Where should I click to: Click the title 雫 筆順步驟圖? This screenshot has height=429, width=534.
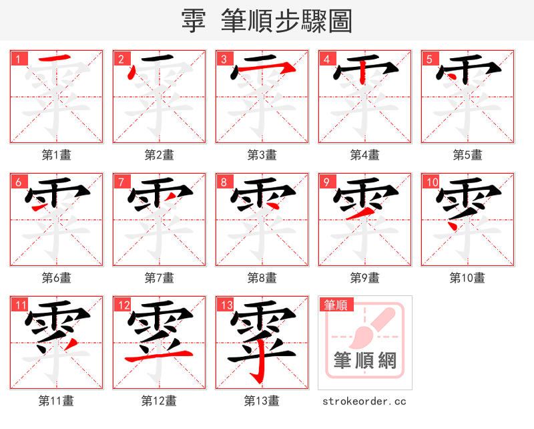click(x=266, y=21)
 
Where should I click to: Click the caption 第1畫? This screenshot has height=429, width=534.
click(x=57, y=155)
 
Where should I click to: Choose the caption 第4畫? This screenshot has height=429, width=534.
click(x=365, y=155)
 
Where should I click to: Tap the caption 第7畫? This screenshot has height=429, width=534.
click(x=160, y=278)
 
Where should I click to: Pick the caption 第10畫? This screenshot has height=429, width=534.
click(x=467, y=278)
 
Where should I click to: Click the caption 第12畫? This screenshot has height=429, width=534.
click(x=160, y=401)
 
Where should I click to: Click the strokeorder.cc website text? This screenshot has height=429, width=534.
click(x=364, y=401)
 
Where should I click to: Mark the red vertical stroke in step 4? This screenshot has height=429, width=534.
click(x=361, y=72)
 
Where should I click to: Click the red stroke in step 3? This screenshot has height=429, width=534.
click(x=267, y=69)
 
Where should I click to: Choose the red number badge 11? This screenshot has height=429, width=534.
click(x=20, y=305)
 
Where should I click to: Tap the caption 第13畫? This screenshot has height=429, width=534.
click(x=262, y=401)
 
